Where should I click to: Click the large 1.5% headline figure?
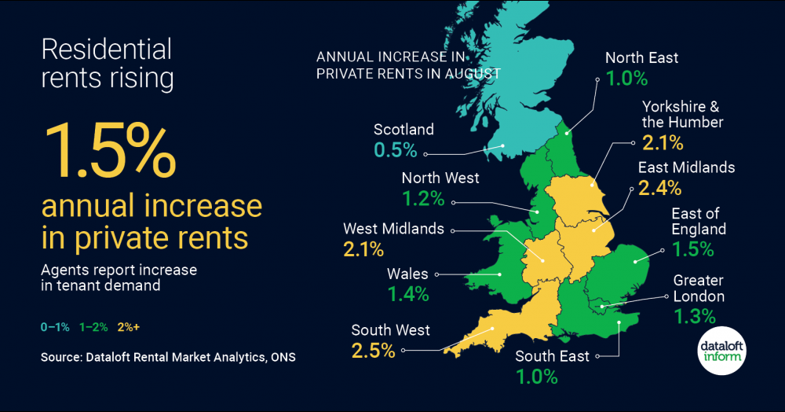point(109,150)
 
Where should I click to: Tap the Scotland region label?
point(403,129)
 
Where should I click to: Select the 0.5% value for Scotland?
point(396,150)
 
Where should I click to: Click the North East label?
point(642,57)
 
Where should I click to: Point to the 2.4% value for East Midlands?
point(659,188)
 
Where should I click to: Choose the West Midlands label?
point(393,229)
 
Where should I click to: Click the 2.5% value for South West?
point(373,351)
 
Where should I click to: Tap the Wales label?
point(408,274)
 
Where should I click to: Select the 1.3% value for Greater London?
point(695,317)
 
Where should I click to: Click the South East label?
point(552,356)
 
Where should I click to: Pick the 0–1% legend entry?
point(54,326)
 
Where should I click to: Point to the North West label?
point(440,178)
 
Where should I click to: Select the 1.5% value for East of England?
point(692,250)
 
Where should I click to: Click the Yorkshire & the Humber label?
point(681,114)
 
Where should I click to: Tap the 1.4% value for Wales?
point(408,295)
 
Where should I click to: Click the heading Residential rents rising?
point(106,64)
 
